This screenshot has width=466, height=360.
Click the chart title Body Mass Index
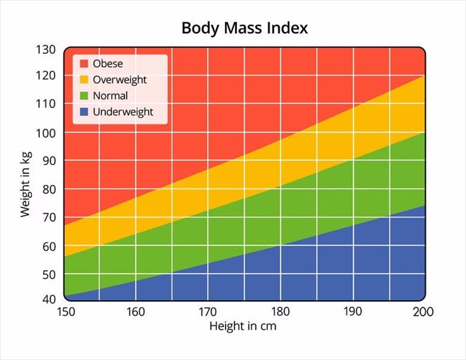point(244,29)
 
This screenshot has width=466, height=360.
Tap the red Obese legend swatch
point(84,64)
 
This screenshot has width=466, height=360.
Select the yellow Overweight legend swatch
point(84,80)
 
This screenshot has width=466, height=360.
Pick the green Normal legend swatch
point(84,96)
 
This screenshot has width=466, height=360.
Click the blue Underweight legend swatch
point(84,112)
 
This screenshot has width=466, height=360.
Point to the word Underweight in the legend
point(123,112)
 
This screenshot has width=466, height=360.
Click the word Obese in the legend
point(108,64)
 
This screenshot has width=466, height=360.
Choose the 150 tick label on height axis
point(65,311)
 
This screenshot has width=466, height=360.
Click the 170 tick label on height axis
point(208,311)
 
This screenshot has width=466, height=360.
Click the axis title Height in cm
point(242,327)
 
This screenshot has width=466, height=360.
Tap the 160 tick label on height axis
point(136,311)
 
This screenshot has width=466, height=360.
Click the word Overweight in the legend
point(120,80)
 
